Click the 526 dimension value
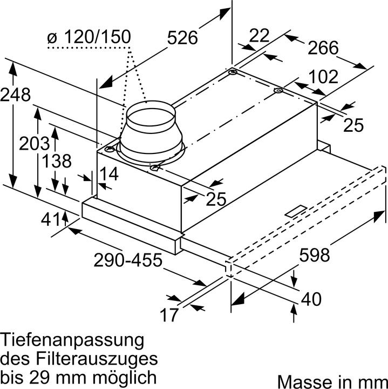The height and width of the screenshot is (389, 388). click(x=182, y=38)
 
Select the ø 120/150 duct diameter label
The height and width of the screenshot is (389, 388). click(x=89, y=37)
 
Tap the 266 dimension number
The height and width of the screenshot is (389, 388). click(x=323, y=48)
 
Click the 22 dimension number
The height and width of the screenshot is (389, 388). click(x=260, y=36)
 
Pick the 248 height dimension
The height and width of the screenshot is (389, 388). click(x=15, y=95)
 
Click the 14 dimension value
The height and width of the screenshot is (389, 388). click(x=108, y=173)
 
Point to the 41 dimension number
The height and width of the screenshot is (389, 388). click(x=52, y=220)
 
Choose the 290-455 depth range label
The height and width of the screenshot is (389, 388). click(x=128, y=261)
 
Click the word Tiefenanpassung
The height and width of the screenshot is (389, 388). click(x=72, y=341)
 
